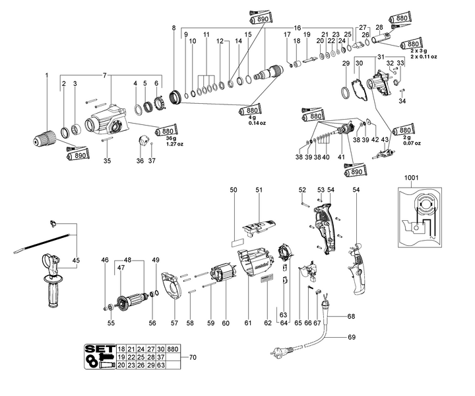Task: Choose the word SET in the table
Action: (x=100, y=348)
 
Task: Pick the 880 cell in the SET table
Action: (x=174, y=348)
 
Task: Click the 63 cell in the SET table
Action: (x=160, y=364)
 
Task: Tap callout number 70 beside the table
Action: (x=193, y=357)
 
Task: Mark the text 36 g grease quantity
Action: (x=165, y=138)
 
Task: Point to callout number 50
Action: (x=233, y=190)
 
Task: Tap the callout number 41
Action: (x=340, y=157)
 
